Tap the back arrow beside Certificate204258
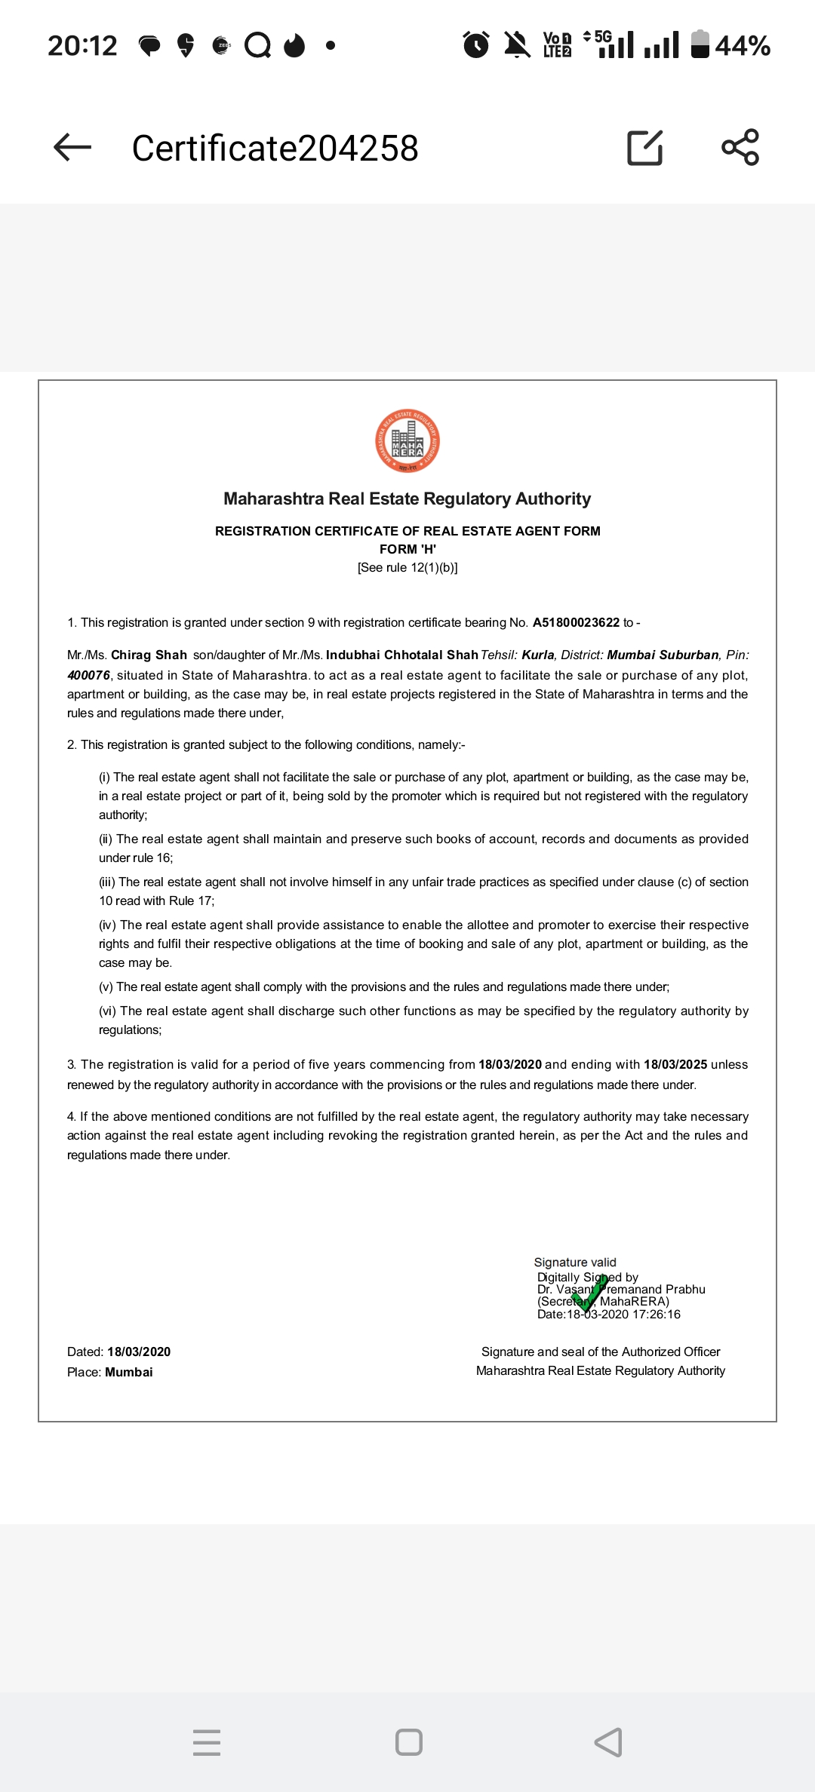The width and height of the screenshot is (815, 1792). [72, 147]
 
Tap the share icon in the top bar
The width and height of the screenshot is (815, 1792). [740, 147]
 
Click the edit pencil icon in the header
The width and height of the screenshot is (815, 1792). [645, 147]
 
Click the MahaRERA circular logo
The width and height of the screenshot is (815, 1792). [407, 441]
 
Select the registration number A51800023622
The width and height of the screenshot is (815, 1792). [576, 622]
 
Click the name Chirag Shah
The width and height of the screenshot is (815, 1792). [149, 655]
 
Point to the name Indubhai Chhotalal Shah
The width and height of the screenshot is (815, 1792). [402, 655]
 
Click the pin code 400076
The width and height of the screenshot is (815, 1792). [88, 675]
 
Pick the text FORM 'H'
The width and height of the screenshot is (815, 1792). [407, 549]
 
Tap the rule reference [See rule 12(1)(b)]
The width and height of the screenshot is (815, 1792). [407, 567]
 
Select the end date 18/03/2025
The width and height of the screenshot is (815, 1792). [675, 1064]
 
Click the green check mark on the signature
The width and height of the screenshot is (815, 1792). [589, 1293]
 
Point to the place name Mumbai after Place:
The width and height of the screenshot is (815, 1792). [129, 1372]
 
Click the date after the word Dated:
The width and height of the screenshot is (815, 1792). [139, 1352]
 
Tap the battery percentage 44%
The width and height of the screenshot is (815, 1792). [743, 46]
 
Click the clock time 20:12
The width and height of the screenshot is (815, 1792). [82, 46]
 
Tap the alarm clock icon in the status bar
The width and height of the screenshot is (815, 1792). [476, 45]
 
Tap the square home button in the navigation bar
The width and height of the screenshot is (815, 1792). [409, 1742]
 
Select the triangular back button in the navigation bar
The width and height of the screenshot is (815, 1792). [608, 1742]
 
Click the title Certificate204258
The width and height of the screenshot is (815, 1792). [275, 148]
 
